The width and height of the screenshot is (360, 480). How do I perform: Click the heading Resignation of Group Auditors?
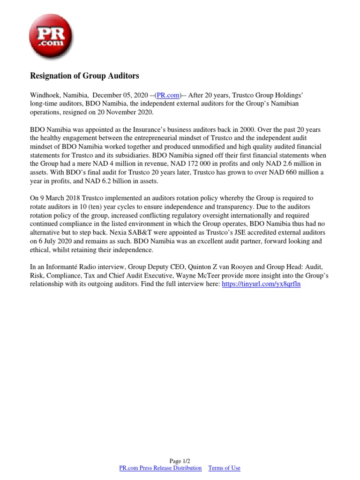pos(84,75)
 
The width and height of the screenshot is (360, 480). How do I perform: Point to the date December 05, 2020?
pos(121,95)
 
